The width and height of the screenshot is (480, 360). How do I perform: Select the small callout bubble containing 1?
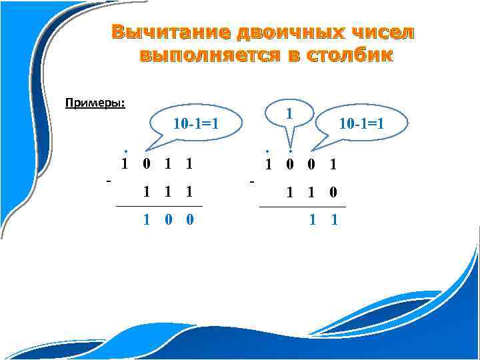(289, 114)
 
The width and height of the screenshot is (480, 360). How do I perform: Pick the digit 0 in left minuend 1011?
(147, 164)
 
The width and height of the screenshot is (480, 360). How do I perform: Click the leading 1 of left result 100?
(147, 219)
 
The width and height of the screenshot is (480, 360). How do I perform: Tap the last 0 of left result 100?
(190, 219)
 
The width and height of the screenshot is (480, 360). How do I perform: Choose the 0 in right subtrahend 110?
(333, 193)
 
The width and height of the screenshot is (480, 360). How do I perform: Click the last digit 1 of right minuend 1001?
(333, 164)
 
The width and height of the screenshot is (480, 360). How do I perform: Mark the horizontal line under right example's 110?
(302, 207)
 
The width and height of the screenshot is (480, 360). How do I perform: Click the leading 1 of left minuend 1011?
(125, 164)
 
